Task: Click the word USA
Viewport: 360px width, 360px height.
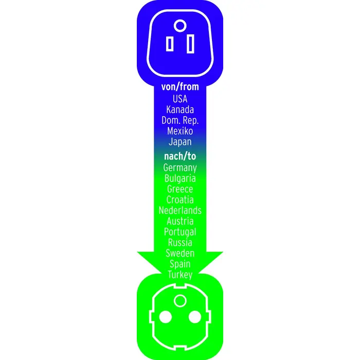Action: click(x=180, y=99)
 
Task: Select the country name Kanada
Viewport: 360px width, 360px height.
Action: click(x=180, y=110)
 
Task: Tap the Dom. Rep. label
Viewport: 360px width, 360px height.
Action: click(x=180, y=120)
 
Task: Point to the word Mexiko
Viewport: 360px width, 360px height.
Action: click(x=180, y=131)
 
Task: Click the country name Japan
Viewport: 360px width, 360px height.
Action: click(x=180, y=142)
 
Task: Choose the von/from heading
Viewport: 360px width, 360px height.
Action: click(x=180, y=87)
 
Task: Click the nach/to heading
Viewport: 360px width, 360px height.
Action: click(x=180, y=156)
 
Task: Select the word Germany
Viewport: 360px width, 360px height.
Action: click(x=180, y=168)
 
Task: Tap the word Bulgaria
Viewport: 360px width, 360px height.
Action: click(x=180, y=178)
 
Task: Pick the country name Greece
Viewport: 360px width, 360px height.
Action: click(x=180, y=189)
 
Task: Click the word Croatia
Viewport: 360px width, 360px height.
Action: click(x=180, y=200)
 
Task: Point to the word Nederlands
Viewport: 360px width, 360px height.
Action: click(x=180, y=210)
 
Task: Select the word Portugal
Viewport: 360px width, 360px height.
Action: click(x=180, y=232)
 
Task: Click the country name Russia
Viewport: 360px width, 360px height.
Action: click(x=180, y=242)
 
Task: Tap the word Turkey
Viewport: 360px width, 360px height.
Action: click(x=180, y=275)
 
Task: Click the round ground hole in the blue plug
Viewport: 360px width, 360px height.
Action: click(x=180, y=26)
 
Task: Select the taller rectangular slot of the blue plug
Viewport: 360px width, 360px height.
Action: click(x=190, y=44)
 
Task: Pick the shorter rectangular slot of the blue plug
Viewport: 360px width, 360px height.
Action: click(x=170, y=44)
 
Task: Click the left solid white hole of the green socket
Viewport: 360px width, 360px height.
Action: click(x=165, y=317)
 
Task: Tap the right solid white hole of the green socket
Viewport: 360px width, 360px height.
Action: click(x=195, y=317)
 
